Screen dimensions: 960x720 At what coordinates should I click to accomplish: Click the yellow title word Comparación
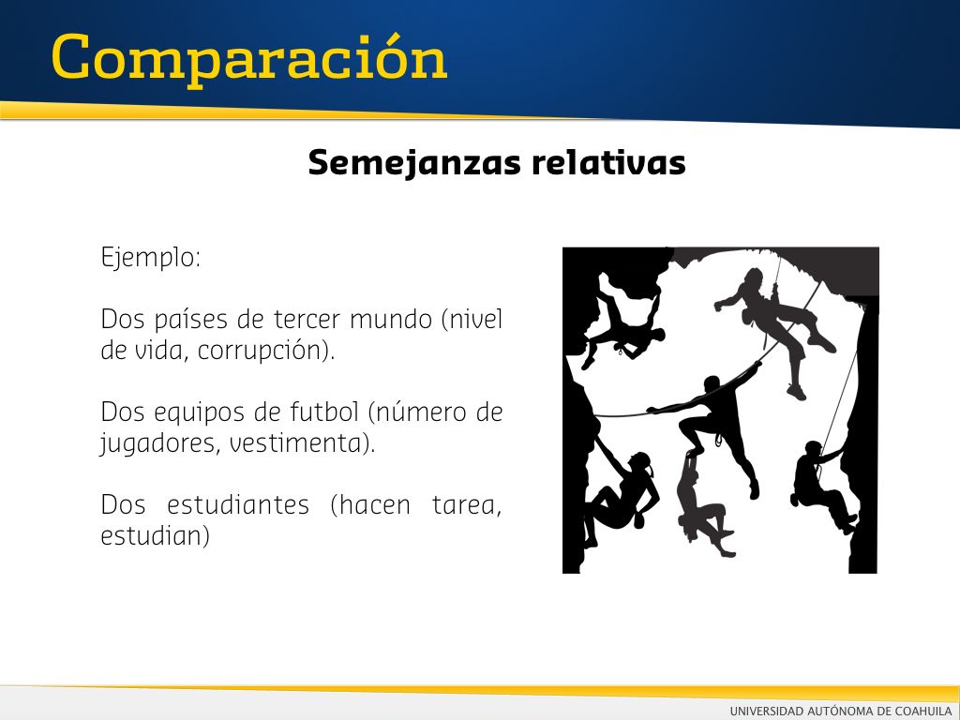coord(249,59)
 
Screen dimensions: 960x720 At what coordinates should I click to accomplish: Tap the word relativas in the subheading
coord(608,162)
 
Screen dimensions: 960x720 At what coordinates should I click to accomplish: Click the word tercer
coord(307,320)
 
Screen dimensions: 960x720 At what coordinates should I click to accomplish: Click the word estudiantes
coord(238,505)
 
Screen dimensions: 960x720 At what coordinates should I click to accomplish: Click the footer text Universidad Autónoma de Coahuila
coord(841,711)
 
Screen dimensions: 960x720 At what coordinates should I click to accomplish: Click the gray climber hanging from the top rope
coord(775,324)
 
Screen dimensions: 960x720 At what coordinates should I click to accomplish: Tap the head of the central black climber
coord(712,384)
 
